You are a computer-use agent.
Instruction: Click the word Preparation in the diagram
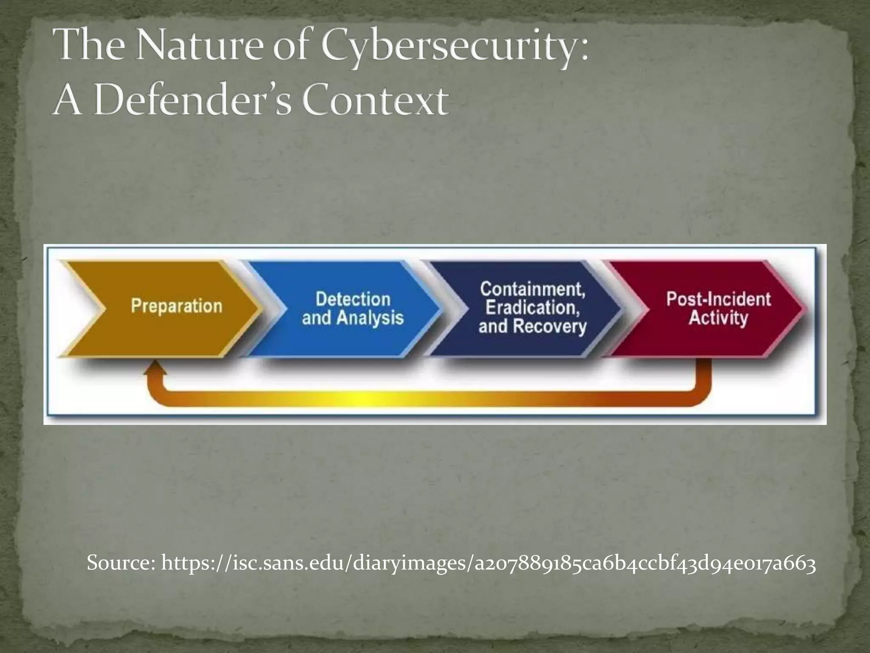pos(177,306)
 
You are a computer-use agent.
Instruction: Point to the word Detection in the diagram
pos(353,299)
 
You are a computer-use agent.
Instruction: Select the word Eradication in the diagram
pos(533,308)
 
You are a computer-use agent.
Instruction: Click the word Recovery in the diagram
pos(550,326)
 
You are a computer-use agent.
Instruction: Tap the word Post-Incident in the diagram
pos(718,299)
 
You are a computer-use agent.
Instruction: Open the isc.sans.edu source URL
pos(489,565)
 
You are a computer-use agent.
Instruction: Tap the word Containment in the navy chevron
pos(533,289)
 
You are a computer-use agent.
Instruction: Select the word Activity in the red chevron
pos(718,318)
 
